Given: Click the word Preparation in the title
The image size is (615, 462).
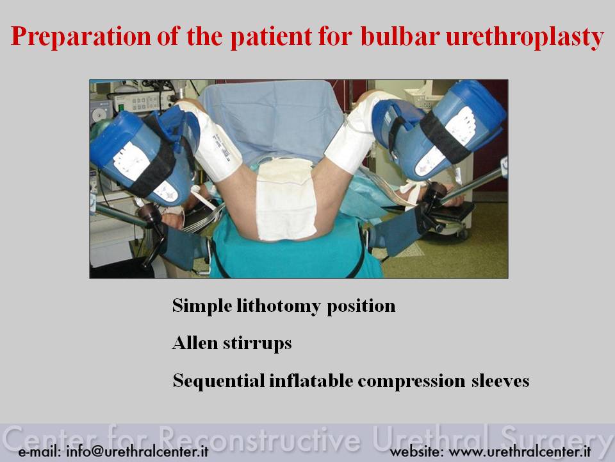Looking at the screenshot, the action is [81, 36].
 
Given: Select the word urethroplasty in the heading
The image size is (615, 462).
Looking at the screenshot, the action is [525, 37].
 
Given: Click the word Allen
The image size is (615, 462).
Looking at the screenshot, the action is [195, 343].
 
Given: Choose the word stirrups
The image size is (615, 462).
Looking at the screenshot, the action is [258, 343].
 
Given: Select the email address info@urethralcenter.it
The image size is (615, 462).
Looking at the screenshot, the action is [137, 451].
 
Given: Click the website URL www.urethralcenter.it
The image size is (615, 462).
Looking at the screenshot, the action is [520, 451].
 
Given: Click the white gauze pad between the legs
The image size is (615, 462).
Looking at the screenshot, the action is [286, 199].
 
